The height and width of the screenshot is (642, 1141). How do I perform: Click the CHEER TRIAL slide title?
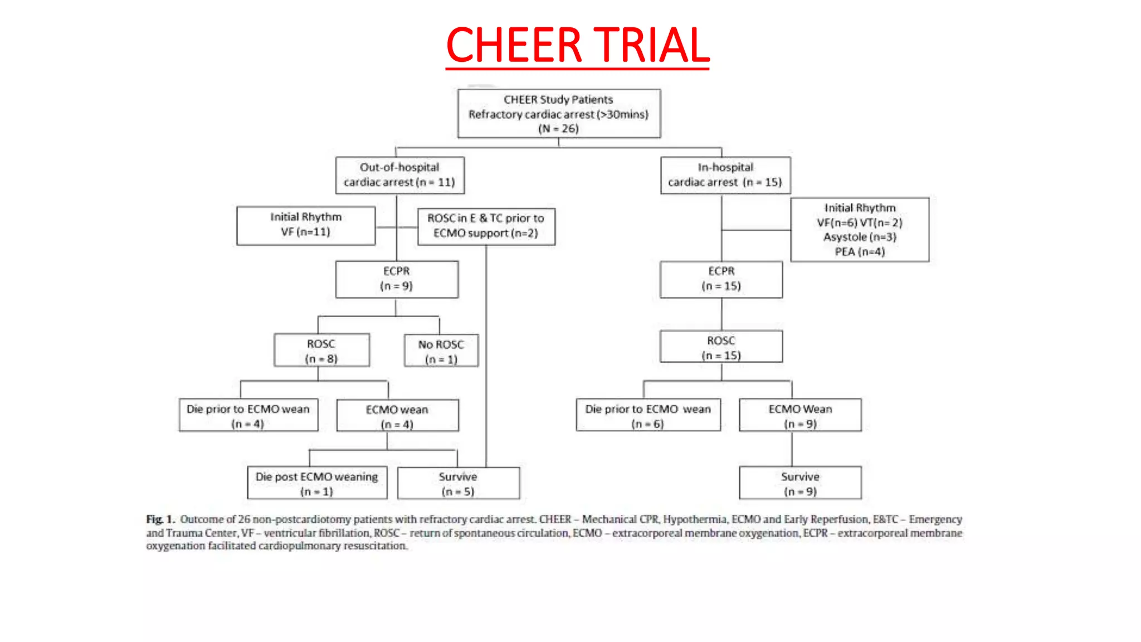[x=577, y=45]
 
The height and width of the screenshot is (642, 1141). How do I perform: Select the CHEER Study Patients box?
[x=559, y=114]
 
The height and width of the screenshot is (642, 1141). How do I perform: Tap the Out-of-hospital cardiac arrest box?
[x=399, y=175]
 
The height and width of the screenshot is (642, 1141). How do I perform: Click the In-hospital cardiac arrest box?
[x=725, y=175]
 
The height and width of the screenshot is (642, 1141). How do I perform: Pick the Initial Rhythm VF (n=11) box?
[x=306, y=225]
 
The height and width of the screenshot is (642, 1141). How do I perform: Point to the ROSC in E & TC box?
[x=486, y=226]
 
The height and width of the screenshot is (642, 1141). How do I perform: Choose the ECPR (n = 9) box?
[x=397, y=279]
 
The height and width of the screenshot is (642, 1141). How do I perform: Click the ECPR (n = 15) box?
[x=721, y=279]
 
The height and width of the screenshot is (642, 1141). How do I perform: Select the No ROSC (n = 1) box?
[x=441, y=351]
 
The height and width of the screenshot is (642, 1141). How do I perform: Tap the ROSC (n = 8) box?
[x=321, y=351]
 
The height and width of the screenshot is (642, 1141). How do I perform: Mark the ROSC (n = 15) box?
[x=721, y=347]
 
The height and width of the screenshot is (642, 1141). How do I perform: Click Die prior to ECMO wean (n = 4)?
[x=248, y=415]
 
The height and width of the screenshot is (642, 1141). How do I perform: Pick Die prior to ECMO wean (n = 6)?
[x=648, y=415]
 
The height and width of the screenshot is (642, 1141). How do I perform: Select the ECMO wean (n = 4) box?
[x=397, y=416]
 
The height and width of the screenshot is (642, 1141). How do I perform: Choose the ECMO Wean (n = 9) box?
[x=800, y=415]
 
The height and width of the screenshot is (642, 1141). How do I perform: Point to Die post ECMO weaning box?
[x=317, y=483]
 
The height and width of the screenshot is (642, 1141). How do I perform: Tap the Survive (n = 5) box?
[x=458, y=483]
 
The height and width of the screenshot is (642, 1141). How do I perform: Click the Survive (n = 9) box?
[x=800, y=483]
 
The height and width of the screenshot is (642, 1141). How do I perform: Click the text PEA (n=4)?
[x=860, y=252]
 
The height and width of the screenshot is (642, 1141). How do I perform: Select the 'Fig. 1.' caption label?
[x=160, y=519]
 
